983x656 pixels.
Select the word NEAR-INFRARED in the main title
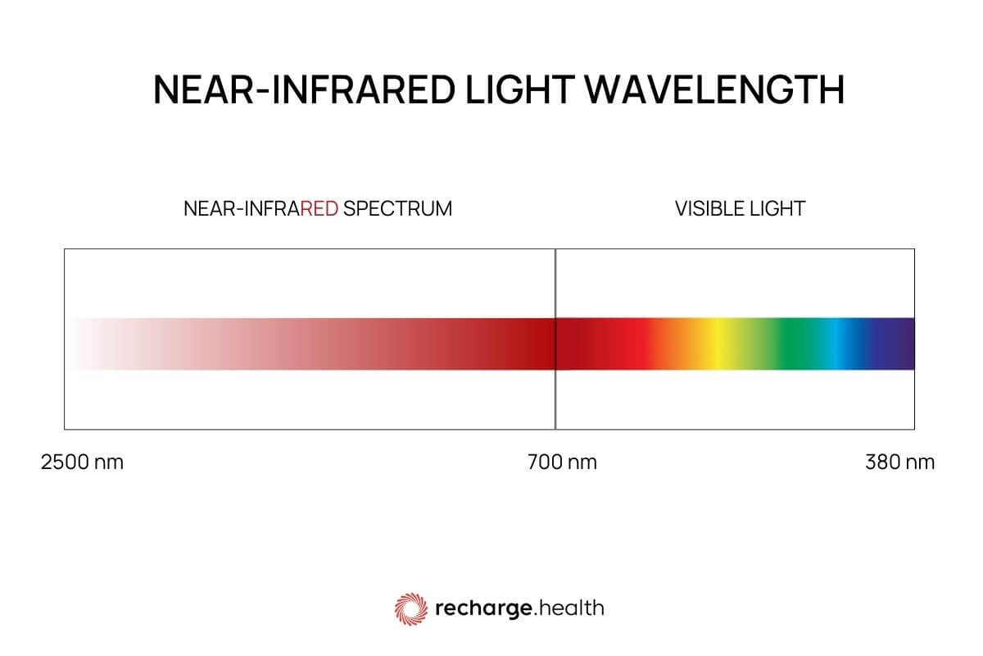click(x=302, y=90)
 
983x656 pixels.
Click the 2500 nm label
click(x=82, y=462)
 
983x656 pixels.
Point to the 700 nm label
click(x=562, y=462)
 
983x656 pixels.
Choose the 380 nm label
click(x=899, y=462)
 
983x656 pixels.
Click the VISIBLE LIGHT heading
click(x=740, y=208)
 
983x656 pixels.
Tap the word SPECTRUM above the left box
click(x=397, y=208)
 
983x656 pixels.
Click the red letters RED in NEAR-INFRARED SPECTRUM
click(x=319, y=208)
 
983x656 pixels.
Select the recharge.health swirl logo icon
click(x=411, y=608)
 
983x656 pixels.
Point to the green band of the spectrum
click(x=790, y=344)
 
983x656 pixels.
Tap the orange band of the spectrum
click(x=684, y=344)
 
